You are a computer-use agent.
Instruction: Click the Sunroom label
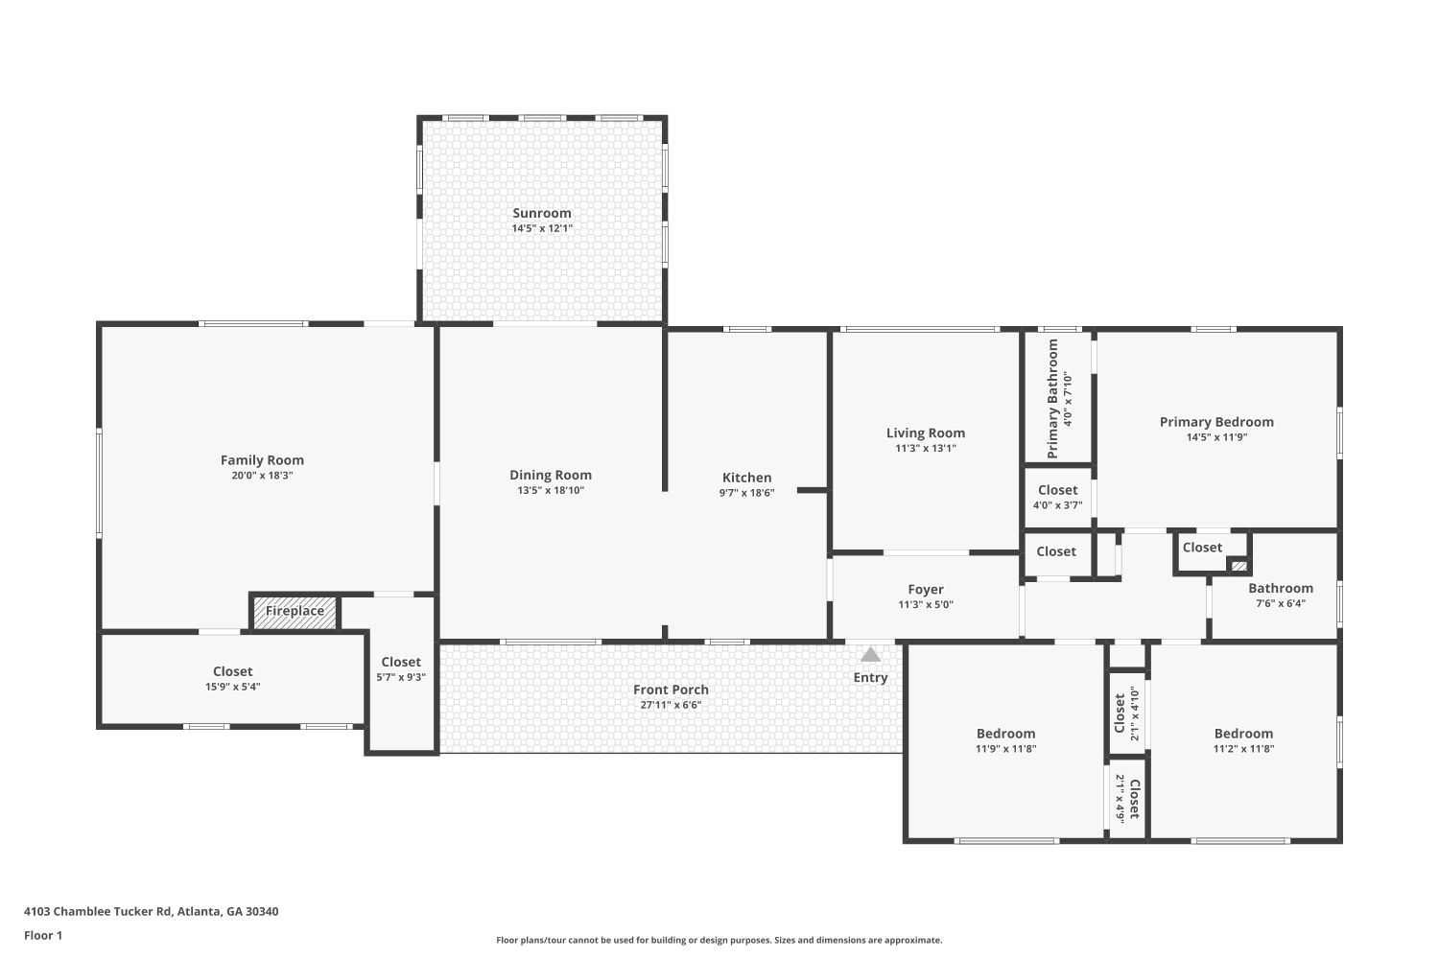pos(542,213)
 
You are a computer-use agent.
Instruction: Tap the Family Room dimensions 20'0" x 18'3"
pos(262,476)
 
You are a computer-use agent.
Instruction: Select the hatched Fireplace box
pos(295,612)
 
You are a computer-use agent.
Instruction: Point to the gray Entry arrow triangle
pos(870,655)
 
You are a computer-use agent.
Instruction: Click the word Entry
pos(870,677)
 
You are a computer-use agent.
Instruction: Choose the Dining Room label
pos(551,475)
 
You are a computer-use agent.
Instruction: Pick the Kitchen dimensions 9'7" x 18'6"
pos(746,493)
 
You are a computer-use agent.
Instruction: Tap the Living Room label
pos(926,433)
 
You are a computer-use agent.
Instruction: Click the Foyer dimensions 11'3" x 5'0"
pos(926,604)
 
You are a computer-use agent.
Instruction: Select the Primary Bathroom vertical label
pos(1052,399)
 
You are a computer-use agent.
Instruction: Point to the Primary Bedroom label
pos(1216,422)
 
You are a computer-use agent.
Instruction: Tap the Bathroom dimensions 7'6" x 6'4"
pos(1281,603)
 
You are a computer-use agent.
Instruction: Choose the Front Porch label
pos(671,690)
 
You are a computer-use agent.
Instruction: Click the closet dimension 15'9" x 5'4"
pos(232,687)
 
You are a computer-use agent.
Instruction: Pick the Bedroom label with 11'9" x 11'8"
pos(1006,734)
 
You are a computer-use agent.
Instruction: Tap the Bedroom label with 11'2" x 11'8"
pos(1243,734)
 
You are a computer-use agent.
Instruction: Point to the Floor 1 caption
pos(43,935)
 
